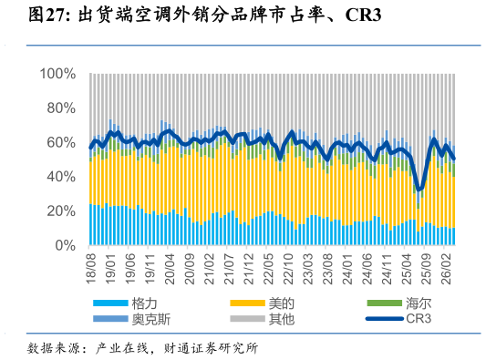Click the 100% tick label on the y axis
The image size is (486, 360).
tap(57, 74)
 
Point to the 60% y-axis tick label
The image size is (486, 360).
tap(61, 143)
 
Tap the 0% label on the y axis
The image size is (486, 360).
tap(66, 246)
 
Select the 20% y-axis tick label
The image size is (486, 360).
tap(61, 211)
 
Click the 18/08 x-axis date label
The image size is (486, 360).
tap(92, 269)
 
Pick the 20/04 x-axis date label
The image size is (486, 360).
tap(170, 269)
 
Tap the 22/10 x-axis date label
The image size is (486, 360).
tap(288, 269)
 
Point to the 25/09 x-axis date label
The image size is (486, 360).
tap(427, 269)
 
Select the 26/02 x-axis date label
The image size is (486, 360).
tap(446, 269)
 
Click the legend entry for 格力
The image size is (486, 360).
tap(125, 303)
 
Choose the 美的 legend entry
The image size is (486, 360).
tap(262, 303)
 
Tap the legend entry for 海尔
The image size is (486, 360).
tap(398, 303)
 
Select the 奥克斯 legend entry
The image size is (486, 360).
tap(131, 319)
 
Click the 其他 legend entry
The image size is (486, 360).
tap(262, 319)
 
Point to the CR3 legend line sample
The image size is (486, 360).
tap(385, 318)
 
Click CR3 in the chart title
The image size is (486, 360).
tap(363, 15)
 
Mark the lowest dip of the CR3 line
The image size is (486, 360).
tap(419, 189)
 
